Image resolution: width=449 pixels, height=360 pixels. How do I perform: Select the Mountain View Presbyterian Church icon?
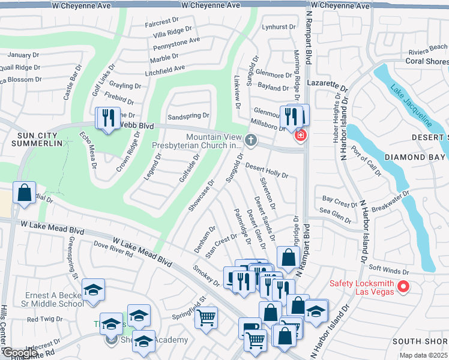point(251,140)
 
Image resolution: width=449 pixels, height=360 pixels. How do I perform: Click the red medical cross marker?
point(300,136)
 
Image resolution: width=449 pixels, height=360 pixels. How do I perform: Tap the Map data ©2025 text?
point(423,355)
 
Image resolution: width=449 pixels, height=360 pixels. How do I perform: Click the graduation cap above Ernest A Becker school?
point(93,290)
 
